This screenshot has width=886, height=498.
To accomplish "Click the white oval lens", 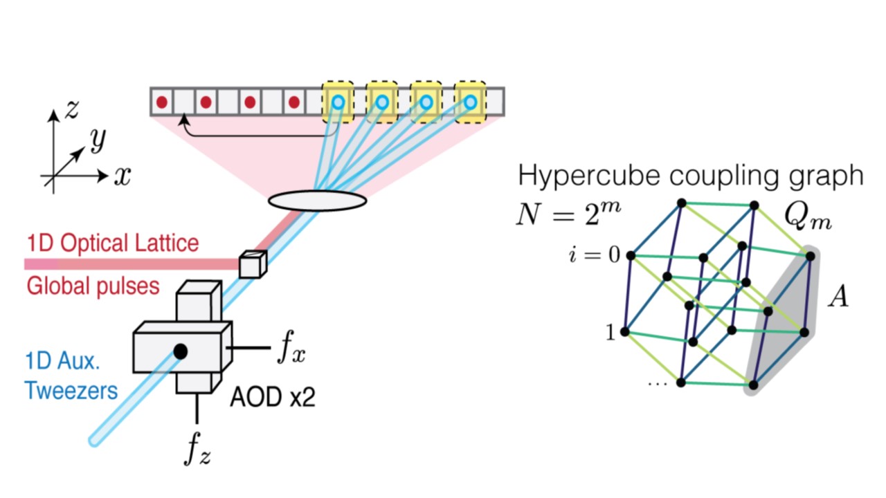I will [317, 200].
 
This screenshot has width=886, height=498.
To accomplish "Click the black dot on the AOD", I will [181, 351].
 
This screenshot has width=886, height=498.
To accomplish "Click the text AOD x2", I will [273, 397].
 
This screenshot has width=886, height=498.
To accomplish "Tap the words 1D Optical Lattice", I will [112, 243].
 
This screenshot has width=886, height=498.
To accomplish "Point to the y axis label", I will [98, 140].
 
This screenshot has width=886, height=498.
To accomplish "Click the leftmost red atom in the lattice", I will [162, 102].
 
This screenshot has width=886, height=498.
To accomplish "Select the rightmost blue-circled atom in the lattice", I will [471, 102].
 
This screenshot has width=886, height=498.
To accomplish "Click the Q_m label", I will [808, 218].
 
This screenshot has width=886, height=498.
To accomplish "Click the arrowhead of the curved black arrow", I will [184, 120].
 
